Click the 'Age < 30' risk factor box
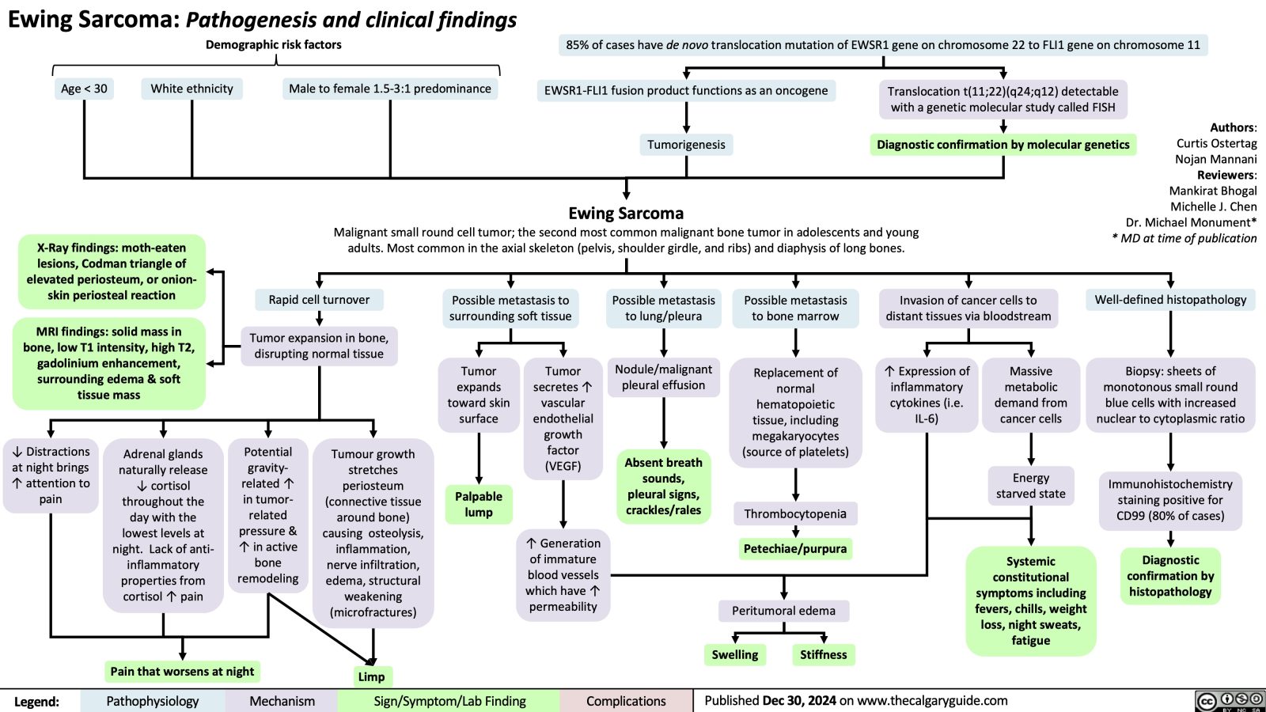(84, 89)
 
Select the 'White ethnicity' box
(192, 89)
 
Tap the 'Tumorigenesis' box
(686, 144)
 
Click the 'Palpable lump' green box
(479, 504)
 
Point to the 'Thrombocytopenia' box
(795, 513)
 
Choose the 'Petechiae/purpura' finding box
(795, 548)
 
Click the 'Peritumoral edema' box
(783, 610)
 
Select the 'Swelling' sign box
(734, 654)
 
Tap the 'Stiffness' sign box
(823, 654)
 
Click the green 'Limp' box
(371, 676)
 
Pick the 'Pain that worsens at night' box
(182, 672)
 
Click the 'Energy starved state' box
(1030, 486)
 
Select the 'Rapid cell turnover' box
(319, 299)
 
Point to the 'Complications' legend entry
(626, 701)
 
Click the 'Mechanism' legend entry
(282, 701)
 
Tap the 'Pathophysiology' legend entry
(153, 701)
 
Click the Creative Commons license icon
(1230, 701)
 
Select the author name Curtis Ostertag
(1216, 143)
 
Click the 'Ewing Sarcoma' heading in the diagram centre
(626, 213)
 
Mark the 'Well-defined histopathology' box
(1170, 299)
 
